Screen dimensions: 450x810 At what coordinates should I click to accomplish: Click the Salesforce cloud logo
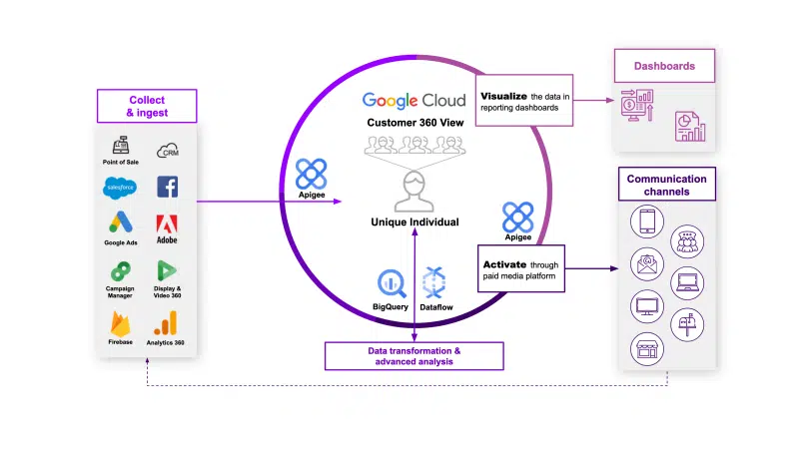(120, 187)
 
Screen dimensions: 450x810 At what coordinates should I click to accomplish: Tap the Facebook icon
(167, 187)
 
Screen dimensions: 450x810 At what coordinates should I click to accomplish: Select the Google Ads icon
(120, 224)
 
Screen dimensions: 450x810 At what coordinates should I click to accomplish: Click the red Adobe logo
(167, 224)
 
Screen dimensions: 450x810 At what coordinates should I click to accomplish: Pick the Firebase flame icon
(120, 321)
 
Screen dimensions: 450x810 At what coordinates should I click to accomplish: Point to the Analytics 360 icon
(166, 321)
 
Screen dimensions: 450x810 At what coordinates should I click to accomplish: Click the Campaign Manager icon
(120, 270)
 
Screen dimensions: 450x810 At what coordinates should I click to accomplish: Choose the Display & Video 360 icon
(167, 270)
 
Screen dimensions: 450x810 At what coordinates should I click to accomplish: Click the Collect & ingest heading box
(147, 106)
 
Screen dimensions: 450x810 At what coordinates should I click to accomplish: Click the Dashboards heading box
(664, 68)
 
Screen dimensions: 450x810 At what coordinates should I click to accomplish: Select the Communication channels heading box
(666, 186)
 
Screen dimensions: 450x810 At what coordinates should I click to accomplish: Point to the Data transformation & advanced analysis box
(413, 356)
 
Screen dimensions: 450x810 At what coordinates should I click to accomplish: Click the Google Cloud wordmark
(414, 101)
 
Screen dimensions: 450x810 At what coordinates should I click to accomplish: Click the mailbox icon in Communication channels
(687, 322)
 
